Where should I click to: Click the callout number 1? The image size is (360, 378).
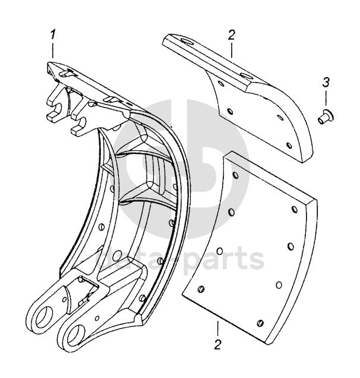pos(54,34)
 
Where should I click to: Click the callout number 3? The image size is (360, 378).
pos(326,81)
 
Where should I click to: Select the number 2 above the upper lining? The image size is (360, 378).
pos(231,34)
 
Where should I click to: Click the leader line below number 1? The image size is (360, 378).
pos(53,50)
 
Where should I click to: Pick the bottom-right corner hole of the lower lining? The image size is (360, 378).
pos(260,322)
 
